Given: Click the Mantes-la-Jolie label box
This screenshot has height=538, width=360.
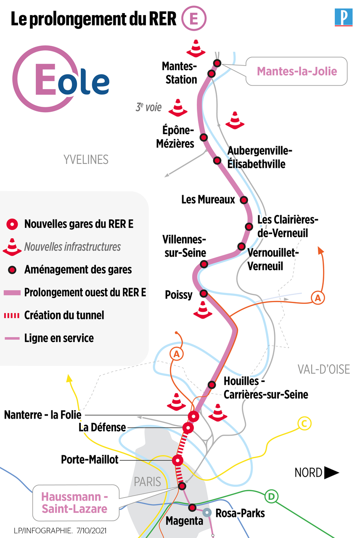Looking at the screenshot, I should [297, 71].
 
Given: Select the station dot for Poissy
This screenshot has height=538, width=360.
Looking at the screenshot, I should [204, 293].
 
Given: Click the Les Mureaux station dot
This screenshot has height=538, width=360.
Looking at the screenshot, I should [244, 200].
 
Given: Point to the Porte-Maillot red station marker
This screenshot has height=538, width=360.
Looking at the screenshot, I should [177, 460].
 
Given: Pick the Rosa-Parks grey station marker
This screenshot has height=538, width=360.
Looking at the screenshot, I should [206, 513].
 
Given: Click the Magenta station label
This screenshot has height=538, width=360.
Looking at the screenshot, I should [184, 521].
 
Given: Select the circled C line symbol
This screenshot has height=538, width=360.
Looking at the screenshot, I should [304, 424].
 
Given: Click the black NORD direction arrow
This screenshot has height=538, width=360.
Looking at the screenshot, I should [331, 473].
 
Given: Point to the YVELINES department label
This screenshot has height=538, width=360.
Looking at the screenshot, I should [86, 160].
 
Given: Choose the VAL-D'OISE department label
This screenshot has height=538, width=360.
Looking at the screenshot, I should [324, 369].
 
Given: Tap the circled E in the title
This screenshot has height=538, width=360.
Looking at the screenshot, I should [194, 20].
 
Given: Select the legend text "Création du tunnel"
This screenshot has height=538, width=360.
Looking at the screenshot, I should [64, 315].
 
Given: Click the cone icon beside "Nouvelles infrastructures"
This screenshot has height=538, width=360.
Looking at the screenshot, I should [13, 247].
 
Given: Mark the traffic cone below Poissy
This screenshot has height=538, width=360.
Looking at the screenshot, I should [202, 310].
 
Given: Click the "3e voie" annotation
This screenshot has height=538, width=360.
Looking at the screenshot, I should [148, 108].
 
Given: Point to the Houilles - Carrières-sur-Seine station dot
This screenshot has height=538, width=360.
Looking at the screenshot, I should [212, 385].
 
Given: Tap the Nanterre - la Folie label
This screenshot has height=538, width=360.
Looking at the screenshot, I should [43, 415].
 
